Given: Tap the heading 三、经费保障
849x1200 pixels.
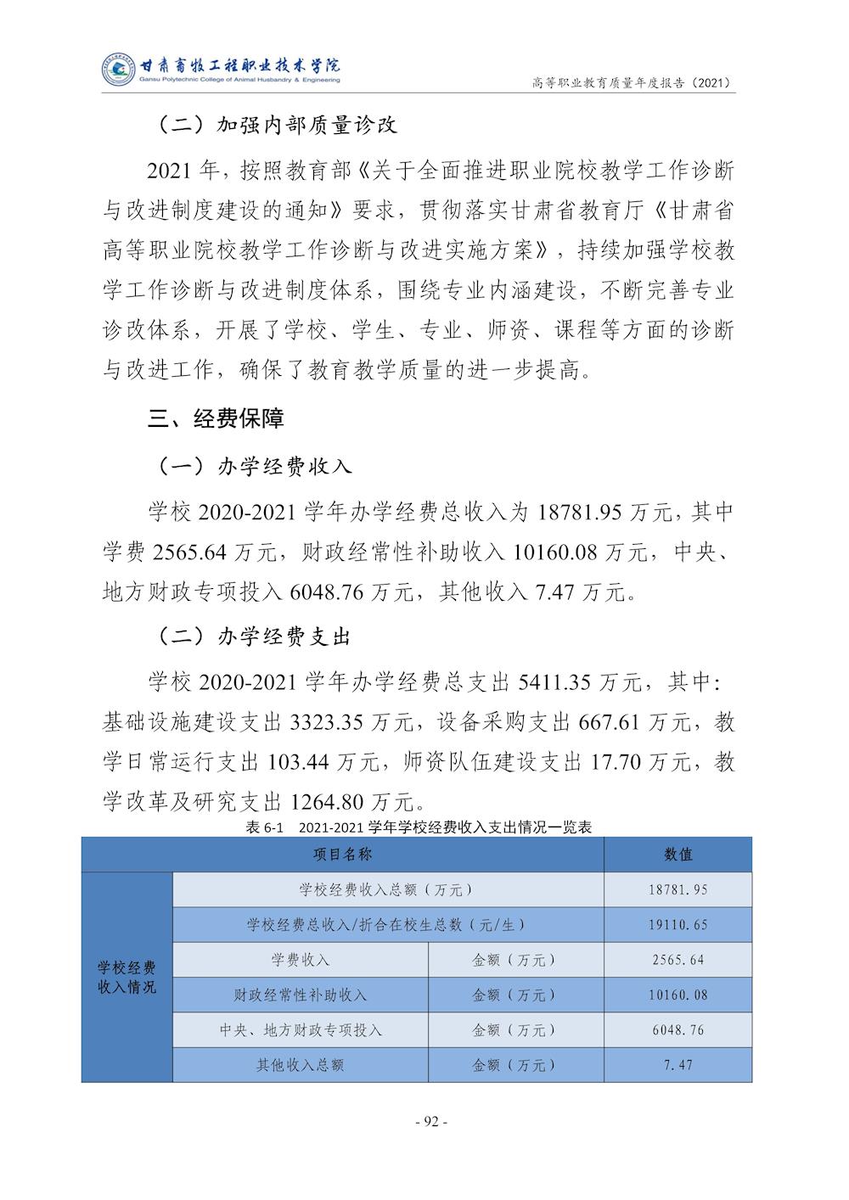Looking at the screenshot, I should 216,418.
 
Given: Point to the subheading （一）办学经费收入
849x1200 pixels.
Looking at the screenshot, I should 255,466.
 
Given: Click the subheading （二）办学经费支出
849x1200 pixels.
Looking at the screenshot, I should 255,636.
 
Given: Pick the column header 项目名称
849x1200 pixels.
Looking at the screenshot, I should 343,855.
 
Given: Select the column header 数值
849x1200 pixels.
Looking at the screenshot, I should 678,855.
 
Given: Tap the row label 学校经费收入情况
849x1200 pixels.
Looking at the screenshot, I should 127,977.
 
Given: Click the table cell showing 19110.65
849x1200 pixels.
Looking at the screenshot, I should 678,925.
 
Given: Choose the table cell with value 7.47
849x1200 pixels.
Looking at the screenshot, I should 678,1064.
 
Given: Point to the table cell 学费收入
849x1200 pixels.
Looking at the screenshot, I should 301,960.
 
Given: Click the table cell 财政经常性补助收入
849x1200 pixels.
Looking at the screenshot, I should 301,995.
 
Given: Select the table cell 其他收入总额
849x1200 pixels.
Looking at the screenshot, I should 301,1064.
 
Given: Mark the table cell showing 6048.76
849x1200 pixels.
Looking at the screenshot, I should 678,1029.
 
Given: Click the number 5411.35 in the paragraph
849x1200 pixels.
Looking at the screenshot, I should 554,682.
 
